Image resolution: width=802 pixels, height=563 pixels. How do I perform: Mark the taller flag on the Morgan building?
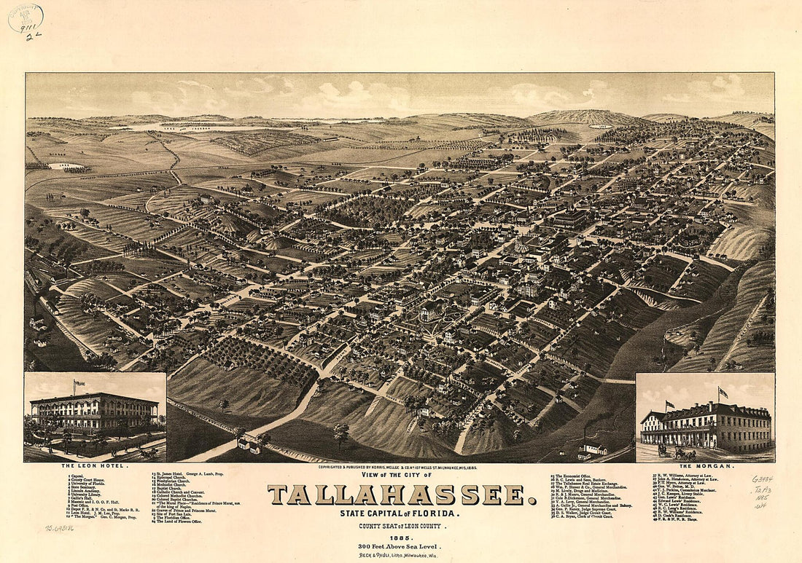tap(723, 392)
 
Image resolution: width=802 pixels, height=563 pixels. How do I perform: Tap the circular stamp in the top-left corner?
tap(26, 18)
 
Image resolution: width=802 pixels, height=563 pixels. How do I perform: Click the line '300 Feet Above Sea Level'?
tap(402, 546)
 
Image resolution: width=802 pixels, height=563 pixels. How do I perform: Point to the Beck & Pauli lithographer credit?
tap(402, 554)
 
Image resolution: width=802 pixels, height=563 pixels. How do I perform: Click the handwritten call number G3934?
tap(764, 479)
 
